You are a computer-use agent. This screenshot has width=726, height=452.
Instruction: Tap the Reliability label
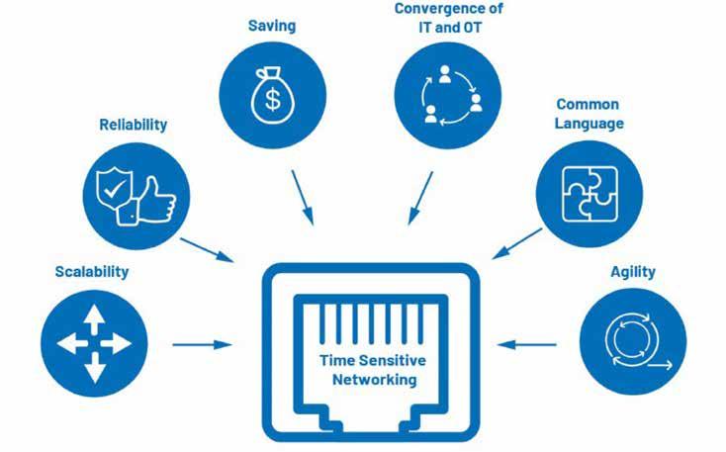[133, 126]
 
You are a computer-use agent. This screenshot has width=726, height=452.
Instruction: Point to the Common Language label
[590, 114]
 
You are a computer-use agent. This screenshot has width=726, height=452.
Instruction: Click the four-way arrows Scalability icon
[94, 344]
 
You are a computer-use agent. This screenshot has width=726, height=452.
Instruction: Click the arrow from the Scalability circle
[202, 344]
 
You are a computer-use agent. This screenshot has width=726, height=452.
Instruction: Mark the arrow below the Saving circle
[303, 194]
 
